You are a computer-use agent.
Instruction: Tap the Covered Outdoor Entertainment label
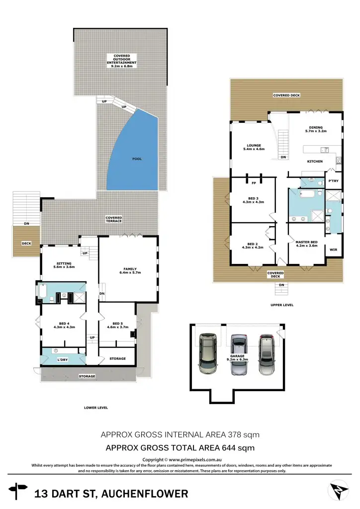(121, 61)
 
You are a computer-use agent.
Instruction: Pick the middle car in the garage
(239, 355)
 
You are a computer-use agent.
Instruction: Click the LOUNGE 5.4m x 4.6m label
(254, 147)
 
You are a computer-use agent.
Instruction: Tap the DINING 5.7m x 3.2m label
(316, 130)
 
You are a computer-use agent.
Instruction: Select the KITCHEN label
(315, 162)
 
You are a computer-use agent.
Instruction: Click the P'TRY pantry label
(333, 181)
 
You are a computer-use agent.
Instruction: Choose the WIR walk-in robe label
(333, 250)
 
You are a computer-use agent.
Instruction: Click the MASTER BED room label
(306, 244)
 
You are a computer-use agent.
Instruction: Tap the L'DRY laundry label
(63, 359)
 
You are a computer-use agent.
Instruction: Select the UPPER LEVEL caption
(282, 305)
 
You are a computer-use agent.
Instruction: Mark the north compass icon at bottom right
(338, 492)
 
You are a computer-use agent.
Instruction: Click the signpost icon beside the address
(19, 492)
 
